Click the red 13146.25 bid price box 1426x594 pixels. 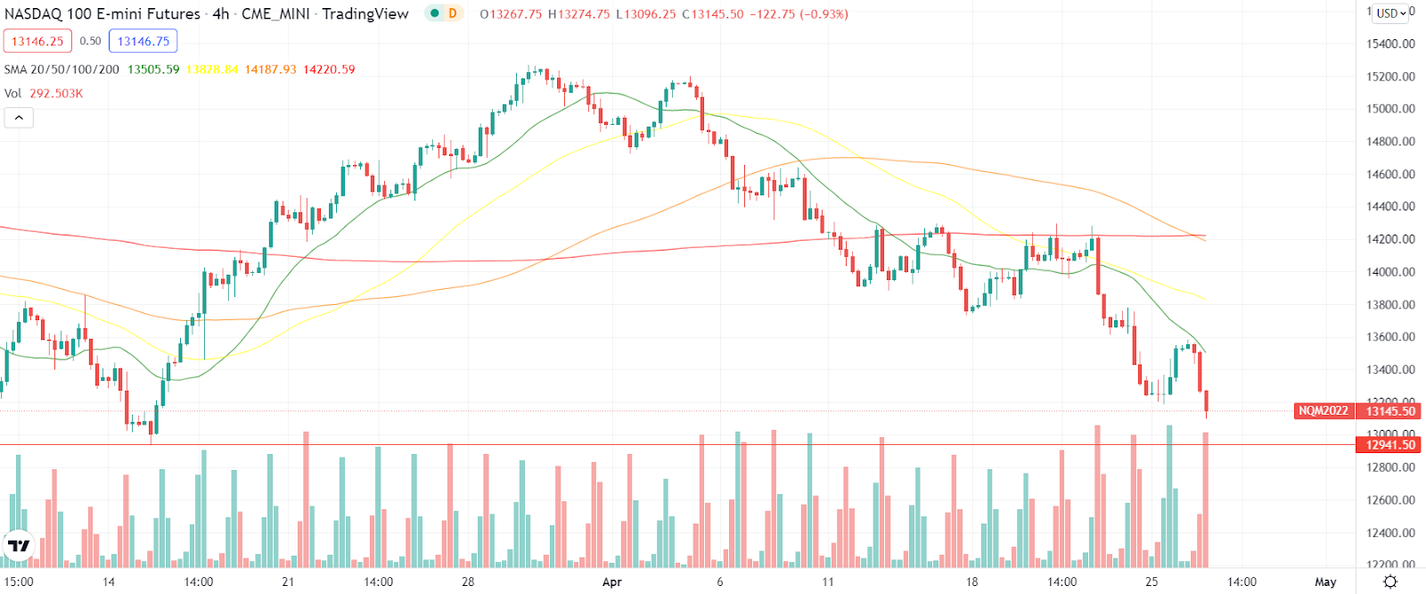[x=37, y=41]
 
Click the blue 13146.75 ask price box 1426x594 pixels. [x=143, y=41]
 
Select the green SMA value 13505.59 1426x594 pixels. [x=153, y=70]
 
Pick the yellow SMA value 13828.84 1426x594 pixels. [x=212, y=70]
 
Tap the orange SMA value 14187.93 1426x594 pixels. [x=271, y=70]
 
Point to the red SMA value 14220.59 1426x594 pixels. [x=329, y=70]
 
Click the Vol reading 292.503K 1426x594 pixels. [x=56, y=94]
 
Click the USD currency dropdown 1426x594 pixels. [x=1390, y=13]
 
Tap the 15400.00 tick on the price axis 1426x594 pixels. [x=1390, y=44]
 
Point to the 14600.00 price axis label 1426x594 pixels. [x=1390, y=175]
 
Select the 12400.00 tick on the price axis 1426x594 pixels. [x=1390, y=533]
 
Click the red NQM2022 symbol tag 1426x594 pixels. [x=1324, y=411]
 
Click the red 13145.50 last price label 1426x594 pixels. [x=1390, y=411]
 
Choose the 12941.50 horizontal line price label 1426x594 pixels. [x=1390, y=445]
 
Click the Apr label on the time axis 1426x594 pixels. [x=611, y=582]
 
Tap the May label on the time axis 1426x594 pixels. [x=1325, y=582]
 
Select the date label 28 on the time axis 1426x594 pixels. [x=468, y=582]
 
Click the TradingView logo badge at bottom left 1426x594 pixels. [x=19, y=546]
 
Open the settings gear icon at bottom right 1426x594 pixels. [x=1390, y=582]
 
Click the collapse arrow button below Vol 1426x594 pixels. [x=19, y=118]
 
